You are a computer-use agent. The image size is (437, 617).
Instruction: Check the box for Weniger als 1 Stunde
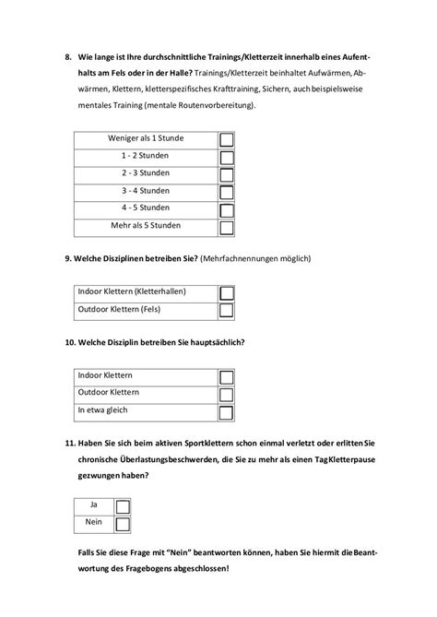[226, 139]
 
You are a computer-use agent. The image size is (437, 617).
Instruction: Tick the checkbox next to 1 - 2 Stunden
[226, 157]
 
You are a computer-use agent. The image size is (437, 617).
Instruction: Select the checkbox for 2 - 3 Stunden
[226, 173]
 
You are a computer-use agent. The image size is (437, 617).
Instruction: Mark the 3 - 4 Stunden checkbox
[226, 191]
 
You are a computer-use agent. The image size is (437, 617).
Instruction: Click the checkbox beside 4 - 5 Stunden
[226, 208]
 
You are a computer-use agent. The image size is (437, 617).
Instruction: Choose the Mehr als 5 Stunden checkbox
[226, 225]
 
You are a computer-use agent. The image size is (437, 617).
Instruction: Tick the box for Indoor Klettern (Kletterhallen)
[226, 292]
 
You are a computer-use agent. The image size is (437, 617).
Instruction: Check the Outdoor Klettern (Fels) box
[226, 310]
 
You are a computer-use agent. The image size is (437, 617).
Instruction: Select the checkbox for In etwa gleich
[226, 410]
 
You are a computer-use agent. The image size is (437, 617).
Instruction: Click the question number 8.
[69, 57]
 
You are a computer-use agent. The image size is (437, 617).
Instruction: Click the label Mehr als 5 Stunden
[146, 226]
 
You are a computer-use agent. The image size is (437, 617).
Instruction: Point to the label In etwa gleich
[102, 410]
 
